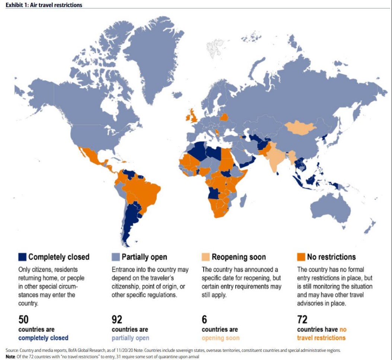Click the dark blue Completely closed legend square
pyautogui.click(x=22, y=257)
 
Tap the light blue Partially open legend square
pyautogui.click(x=116, y=257)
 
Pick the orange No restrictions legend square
pyautogui.click(x=301, y=257)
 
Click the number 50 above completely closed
pyautogui.click(x=23, y=319)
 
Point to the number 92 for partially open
pyautogui.click(x=117, y=319)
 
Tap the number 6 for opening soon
pyautogui.click(x=204, y=319)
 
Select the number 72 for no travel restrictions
pyautogui.click(x=302, y=319)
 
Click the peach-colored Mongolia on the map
pyautogui.click(x=301, y=127)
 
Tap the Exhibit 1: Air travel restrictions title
pyautogui.click(x=44, y=5)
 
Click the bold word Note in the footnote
pyautogui.click(x=10, y=356)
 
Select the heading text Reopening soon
pyautogui.click(x=239, y=257)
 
